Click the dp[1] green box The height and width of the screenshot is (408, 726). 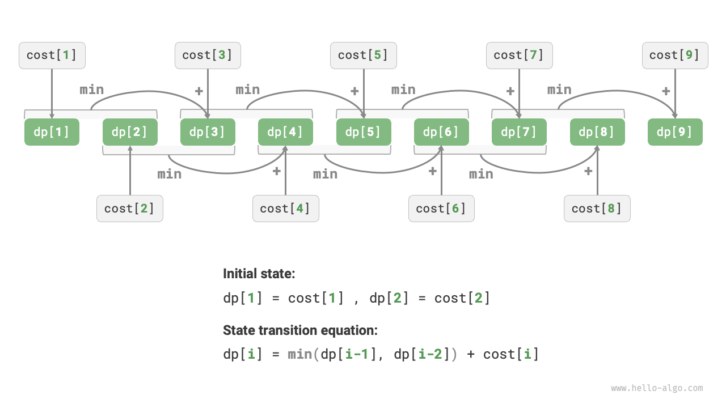52,132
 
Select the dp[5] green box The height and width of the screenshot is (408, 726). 364,132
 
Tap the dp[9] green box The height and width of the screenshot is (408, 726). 675,132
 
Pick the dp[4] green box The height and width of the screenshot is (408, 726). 285,132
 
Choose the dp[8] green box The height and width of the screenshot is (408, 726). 597,132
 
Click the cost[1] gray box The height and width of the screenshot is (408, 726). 52,56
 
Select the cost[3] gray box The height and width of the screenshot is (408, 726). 208,56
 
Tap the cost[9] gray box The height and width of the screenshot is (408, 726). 675,56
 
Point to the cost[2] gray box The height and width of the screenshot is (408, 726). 130,209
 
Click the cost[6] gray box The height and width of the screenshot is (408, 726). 441,209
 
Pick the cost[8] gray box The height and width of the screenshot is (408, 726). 597,209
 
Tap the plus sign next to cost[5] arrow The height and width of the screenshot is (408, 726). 354,91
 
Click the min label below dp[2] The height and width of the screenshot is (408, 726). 170,174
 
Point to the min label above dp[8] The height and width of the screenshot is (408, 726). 559,90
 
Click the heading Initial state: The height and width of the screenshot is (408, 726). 259,274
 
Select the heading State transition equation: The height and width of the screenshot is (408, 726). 300,330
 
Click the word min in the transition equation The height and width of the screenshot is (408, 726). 300,355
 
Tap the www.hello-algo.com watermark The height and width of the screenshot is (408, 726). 657,388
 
